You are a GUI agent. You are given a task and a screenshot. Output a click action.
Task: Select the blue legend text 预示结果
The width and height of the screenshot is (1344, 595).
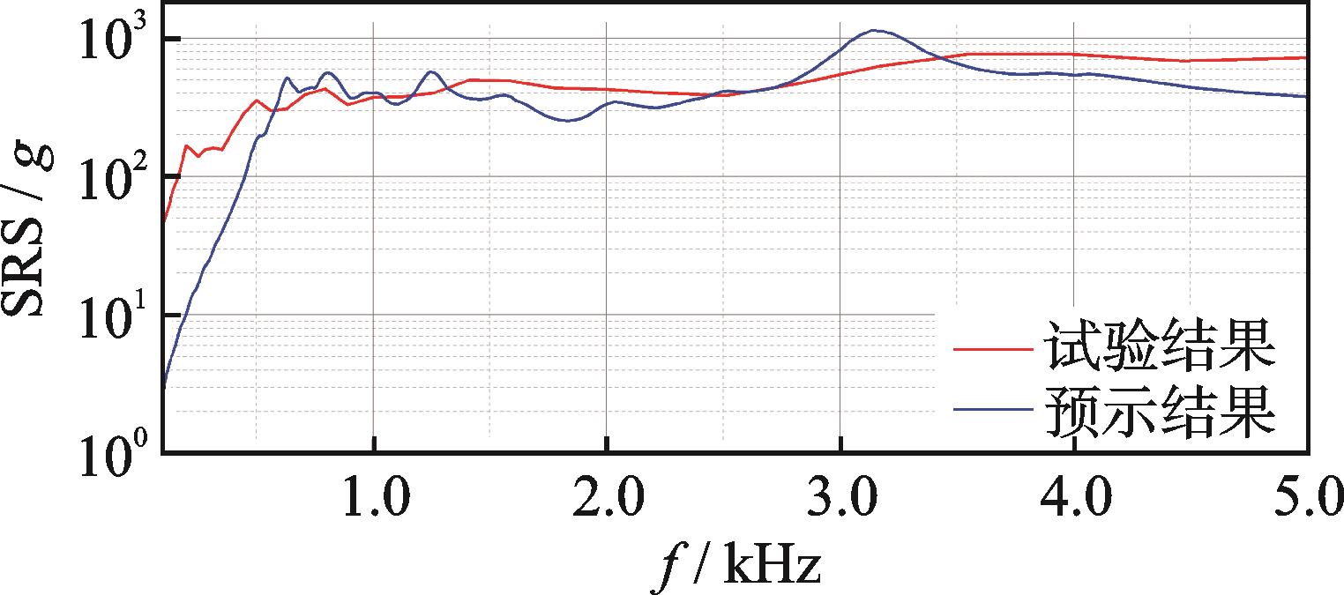(1159, 410)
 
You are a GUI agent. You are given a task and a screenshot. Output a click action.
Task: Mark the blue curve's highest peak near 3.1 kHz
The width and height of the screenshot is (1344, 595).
(874, 31)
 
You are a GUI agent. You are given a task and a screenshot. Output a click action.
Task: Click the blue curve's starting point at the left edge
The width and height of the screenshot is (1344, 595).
(164, 386)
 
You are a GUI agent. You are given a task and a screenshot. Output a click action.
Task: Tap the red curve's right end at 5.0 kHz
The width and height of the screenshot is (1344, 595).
(1303, 58)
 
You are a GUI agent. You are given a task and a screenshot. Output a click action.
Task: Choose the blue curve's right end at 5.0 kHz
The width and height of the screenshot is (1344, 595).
(1303, 96)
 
